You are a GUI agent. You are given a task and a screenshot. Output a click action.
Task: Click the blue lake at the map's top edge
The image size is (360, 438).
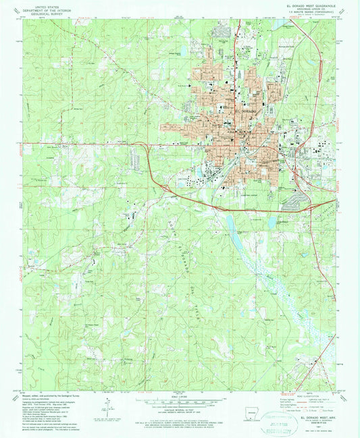pos(279,24)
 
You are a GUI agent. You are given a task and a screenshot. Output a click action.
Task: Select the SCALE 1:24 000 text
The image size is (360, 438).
pos(180,395)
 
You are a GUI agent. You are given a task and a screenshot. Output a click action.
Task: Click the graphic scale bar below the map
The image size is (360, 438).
pos(180,402)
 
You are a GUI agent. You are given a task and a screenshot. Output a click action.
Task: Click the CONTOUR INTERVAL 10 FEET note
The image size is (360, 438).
pos(180,412)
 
